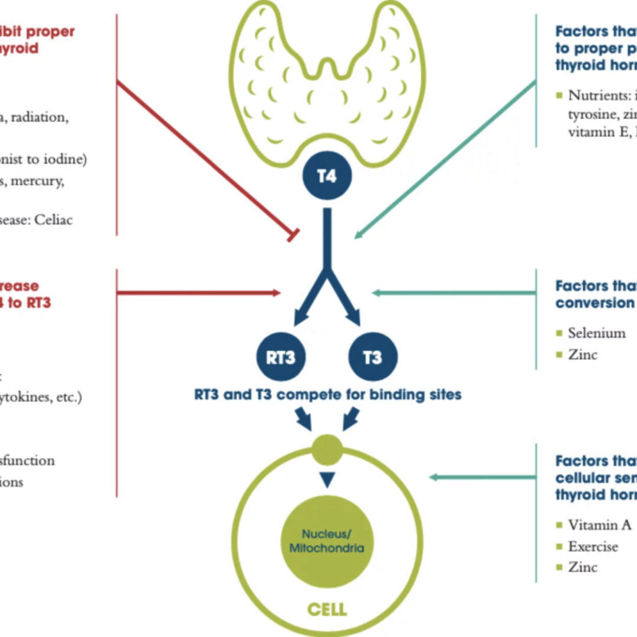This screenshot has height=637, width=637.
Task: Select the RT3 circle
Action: click(x=280, y=357)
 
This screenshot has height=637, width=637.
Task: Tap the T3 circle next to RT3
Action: click(x=373, y=357)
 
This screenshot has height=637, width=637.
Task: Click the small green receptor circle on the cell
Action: click(x=328, y=451)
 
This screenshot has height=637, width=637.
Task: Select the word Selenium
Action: click(x=596, y=333)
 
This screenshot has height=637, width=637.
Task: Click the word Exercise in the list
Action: click(x=593, y=546)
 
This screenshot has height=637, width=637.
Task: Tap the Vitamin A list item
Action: click(x=600, y=525)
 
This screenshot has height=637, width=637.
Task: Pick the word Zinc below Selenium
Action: click(x=583, y=354)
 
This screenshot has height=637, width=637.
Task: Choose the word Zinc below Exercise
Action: click(x=583, y=567)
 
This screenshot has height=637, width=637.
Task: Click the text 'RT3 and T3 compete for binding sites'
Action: click(x=327, y=394)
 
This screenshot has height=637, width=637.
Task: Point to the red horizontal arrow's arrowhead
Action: click(x=277, y=292)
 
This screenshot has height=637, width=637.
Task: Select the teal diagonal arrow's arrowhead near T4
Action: click(x=357, y=235)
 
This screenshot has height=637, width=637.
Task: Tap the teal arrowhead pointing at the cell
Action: click(x=434, y=477)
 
